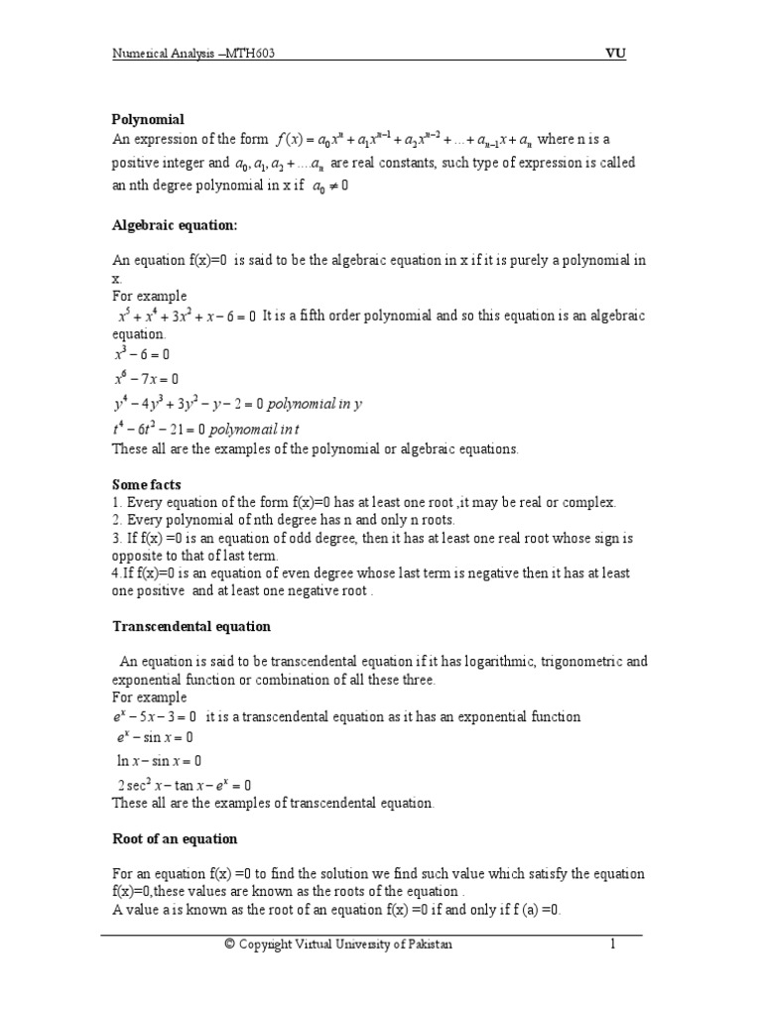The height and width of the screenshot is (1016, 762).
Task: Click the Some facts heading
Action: click(x=147, y=484)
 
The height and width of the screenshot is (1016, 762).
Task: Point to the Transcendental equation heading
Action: click(x=191, y=627)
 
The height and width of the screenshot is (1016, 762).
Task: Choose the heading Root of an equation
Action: click(x=175, y=838)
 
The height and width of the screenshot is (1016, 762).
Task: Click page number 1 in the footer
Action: click(x=613, y=945)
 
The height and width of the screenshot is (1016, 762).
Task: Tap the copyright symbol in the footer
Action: click(x=230, y=945)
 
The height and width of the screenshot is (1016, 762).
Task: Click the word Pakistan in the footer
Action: click(x=428, y=945)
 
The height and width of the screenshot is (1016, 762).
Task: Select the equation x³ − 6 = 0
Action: click(x=143, y=354)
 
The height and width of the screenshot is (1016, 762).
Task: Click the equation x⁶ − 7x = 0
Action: click(x=146, y=378)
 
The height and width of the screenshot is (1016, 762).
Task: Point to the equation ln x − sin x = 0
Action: click(x=159, y=761)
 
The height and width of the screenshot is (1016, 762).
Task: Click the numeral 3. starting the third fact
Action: click(x=117, y=538)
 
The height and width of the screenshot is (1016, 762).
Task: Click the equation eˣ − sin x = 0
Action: click(x=155, y=737)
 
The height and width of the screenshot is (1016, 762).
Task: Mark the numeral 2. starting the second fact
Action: click(x=117, y=520)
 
